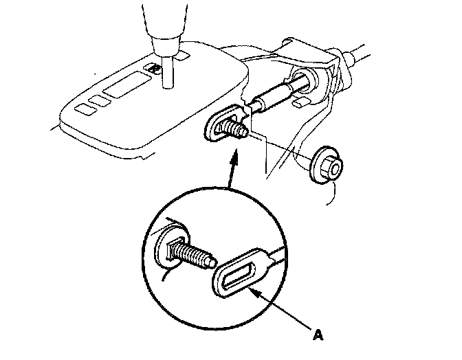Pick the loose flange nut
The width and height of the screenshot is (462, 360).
(x=324, y=166)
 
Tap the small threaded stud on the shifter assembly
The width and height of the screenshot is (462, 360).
(x=235, y=128)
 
